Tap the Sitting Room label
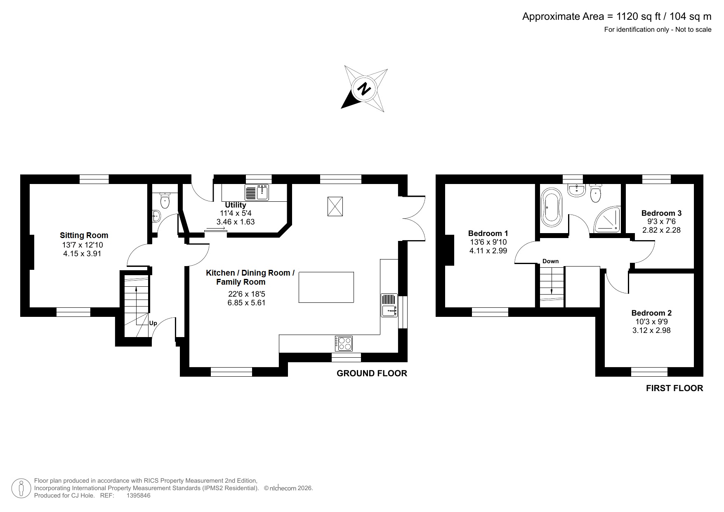click(x=84, y=236)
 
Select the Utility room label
click(x=236, y=205)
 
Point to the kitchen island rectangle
click(x=326, y=287)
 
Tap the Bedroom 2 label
click(x=651, y=313)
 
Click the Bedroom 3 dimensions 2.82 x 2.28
click(x=661, y=230)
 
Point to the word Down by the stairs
click(x=550, y=261)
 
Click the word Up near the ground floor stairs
click(x=153, y=323)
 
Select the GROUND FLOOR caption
click(x=372, y=373)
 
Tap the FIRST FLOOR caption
click(x=674, y=388)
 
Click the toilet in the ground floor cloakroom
click(x=165, y=201)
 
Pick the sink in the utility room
click(x=257, y=192)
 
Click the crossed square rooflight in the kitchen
click(x=335, y=206)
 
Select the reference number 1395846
click(x=138, y=495)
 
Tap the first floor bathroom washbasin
click(x=576, y=190)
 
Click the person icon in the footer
click(x=21, y=488)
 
